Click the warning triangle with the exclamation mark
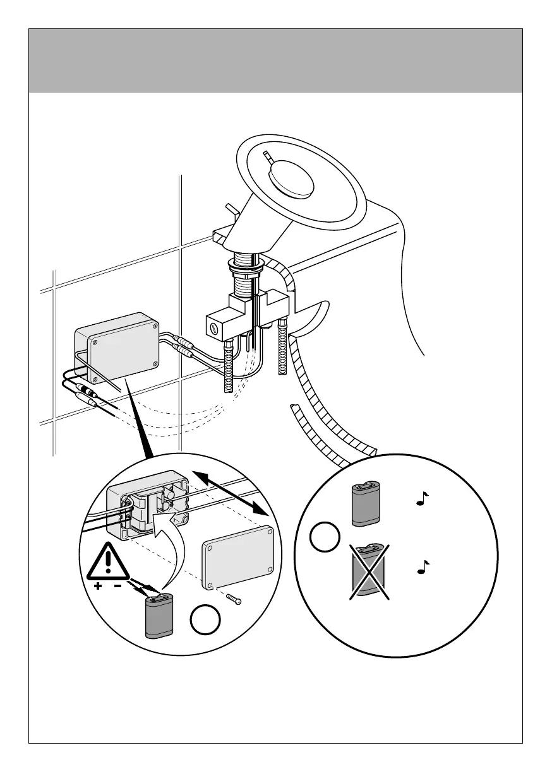coord(109,562)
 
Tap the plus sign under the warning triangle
coord(97,587)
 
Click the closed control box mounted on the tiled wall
coord(117,347)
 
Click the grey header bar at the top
coord(275,61)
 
